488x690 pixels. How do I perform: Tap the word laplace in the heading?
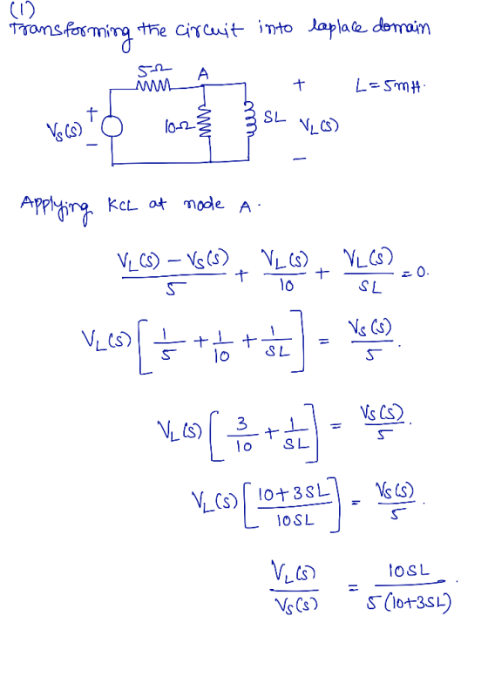pos(337,27)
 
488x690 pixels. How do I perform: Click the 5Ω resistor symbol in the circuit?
pos(154,85)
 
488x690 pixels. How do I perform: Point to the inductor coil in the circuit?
pos(249,119)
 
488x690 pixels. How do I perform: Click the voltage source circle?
pos(112,127)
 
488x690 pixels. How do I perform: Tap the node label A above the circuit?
pos(203,73)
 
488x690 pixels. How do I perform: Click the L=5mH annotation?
pos(390,85)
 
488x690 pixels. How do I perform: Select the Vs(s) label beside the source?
pos(64,131)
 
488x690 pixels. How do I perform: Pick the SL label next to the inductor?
pos(274,117)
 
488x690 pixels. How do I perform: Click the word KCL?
pos(123,205)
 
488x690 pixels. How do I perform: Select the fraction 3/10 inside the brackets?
pos(242,435)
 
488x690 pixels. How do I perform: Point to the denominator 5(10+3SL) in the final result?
pos(409,603)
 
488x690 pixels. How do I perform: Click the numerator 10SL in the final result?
pos(409,571)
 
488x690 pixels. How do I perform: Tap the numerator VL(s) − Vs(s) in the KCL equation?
pos(173,260)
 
